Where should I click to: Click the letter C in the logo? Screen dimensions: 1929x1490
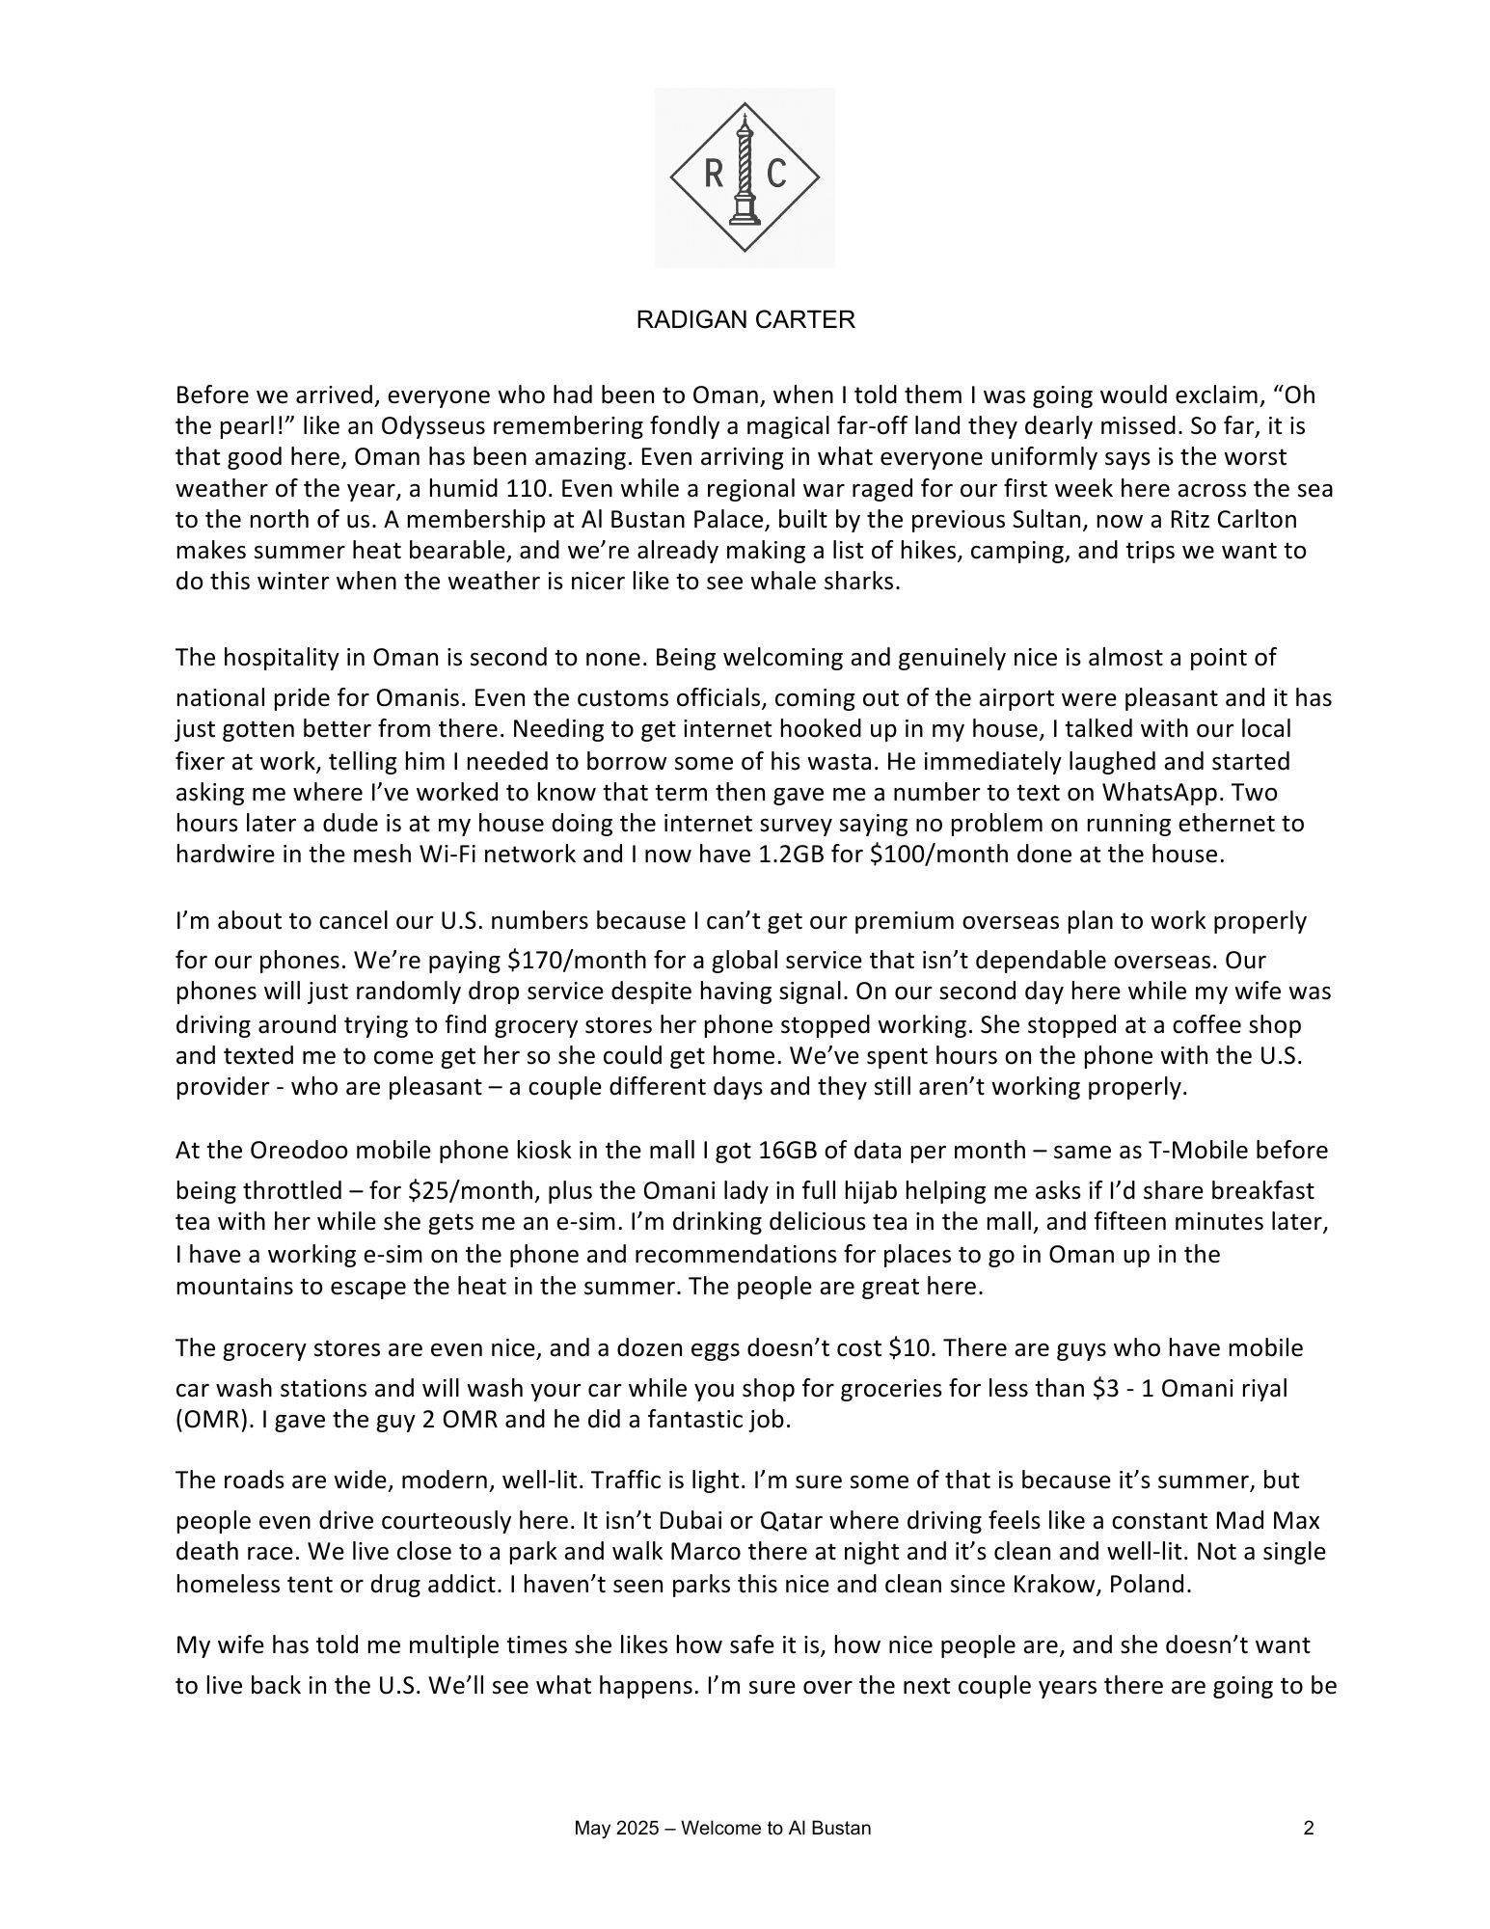(x=776, y=175)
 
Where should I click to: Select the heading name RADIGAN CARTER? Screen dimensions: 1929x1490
(x=745, y=320)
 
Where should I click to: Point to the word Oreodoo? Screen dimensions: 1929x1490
(x=292, y=1151)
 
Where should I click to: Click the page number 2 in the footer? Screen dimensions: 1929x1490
(x=1309, y=1828)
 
